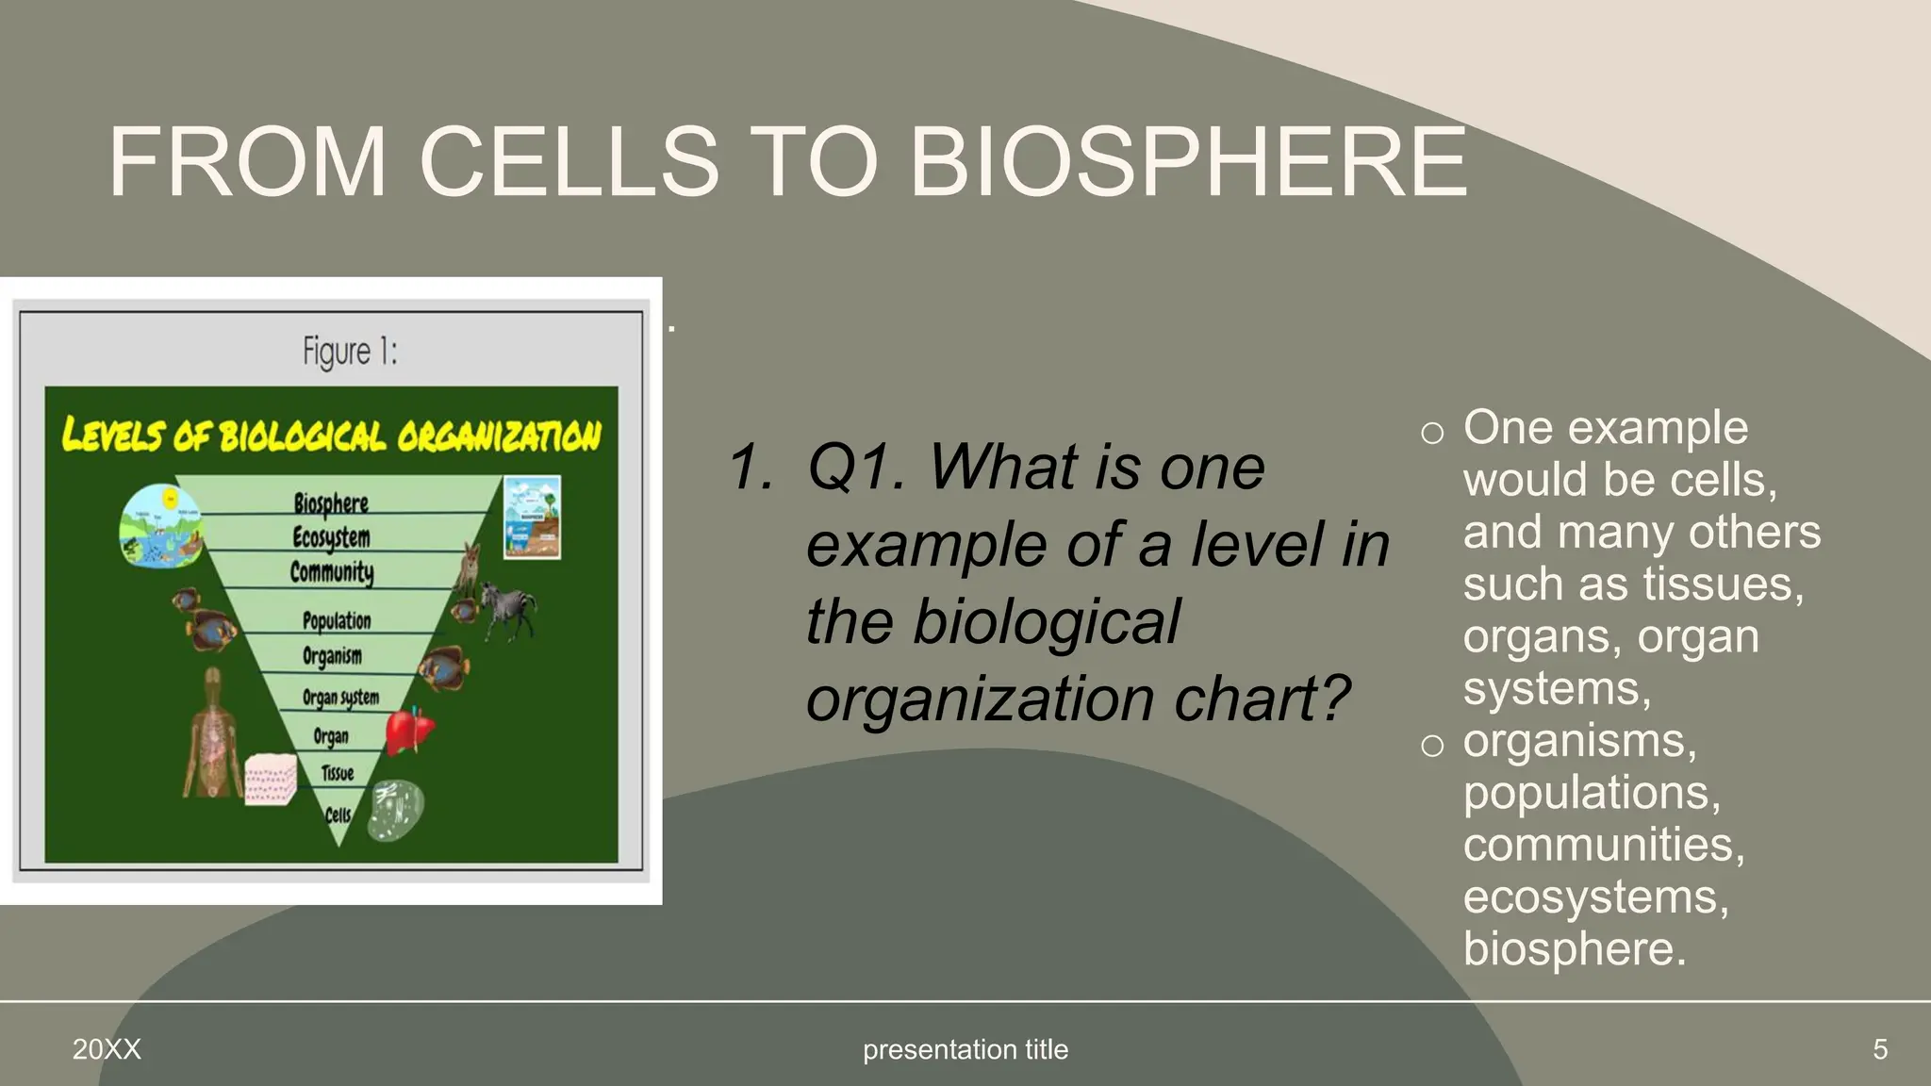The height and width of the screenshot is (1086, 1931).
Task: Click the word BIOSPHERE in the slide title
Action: coord(1188,162)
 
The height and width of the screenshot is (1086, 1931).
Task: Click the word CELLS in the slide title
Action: coord(569,162)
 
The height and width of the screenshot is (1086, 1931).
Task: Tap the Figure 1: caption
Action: coord(350,352)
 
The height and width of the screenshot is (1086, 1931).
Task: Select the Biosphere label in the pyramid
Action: coord(331,502)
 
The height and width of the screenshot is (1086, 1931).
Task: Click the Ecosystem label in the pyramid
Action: coord(331,537)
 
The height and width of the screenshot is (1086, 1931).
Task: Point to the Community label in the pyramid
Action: coord(332,572)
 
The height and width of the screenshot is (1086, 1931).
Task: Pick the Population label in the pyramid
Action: coord(337,620)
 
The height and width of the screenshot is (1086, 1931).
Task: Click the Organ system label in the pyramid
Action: coord(340,698)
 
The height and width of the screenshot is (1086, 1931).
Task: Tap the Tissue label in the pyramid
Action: coord(337,774)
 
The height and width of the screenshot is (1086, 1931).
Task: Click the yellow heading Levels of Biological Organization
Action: coord(331,436)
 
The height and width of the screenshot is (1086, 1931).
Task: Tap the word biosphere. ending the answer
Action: coord(1574,948)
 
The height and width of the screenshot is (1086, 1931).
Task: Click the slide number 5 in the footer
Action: coord(1879,1049)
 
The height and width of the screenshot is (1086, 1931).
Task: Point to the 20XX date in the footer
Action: coord(107,1049)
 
